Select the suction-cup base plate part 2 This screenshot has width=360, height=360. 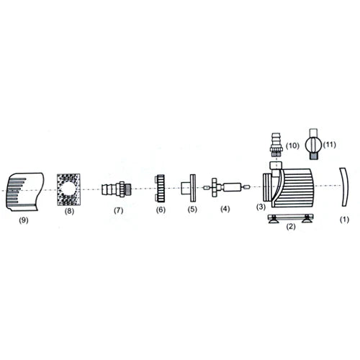click(290, 218)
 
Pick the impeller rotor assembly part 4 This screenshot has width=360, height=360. click(226, 188)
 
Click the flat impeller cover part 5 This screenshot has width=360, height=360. click(192, 189)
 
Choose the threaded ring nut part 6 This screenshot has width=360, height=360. click(161, 188)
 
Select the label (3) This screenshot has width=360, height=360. click(262, 207)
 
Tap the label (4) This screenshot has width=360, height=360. click(225, 210)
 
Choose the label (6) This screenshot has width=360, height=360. click(161, 210)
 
